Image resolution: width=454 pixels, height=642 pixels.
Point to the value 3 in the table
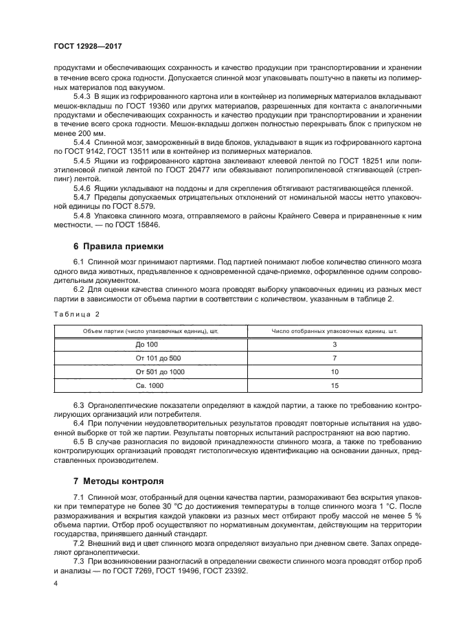[x=334, y=344]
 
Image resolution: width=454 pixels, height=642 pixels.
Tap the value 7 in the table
[x=334, y=358]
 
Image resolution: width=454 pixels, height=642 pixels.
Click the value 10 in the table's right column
[x=334, y=371]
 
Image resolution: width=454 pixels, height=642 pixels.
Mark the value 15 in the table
[x=334, y=385]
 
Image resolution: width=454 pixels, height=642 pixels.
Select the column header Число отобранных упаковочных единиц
[x=334, y=330]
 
